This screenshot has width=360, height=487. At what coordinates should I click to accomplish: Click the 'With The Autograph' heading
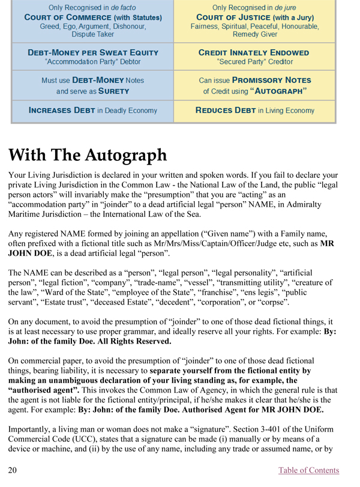[88, 154]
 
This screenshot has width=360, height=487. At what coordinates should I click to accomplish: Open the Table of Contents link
[308, 470]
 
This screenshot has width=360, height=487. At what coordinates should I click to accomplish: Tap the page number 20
[13, 470]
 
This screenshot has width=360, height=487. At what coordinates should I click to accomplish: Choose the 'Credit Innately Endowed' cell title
[254, 52]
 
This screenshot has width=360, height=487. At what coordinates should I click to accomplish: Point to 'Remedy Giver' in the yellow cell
[254, 35]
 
